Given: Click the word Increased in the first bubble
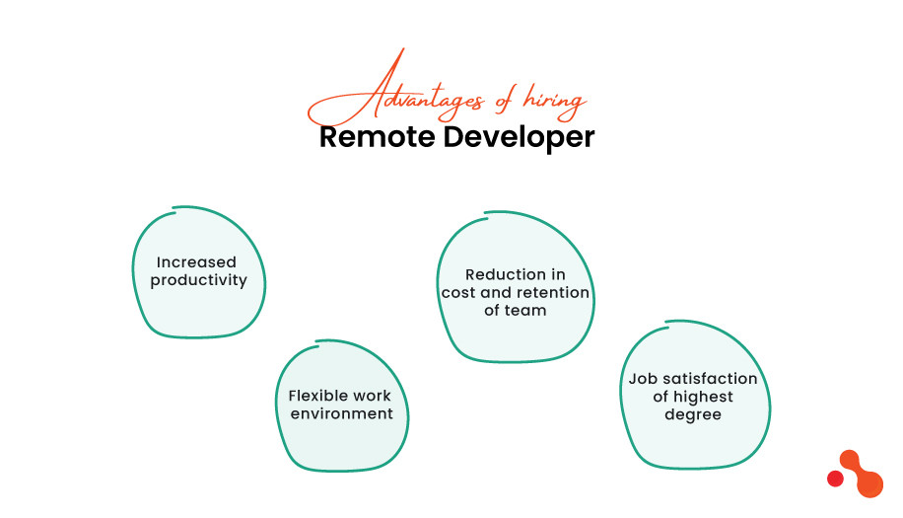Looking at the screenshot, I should [x=197, y=262].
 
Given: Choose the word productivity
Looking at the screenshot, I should [x=198, y=281].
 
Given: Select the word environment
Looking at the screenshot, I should [x=341, y=413].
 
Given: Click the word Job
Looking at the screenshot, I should [x=642, y=379].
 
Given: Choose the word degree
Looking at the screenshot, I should [x=692, y=414].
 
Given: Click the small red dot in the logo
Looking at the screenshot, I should [x=835, y=479].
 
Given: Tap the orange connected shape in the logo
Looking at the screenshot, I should [x=863, y=474].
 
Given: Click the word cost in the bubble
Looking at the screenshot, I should [x=458, y=292].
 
